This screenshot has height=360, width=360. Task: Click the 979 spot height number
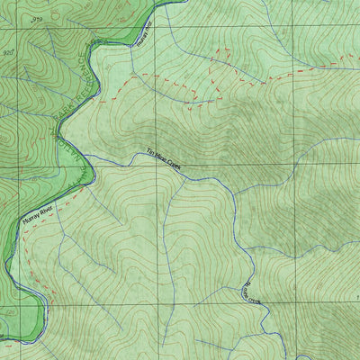click(x=36, y=19)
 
